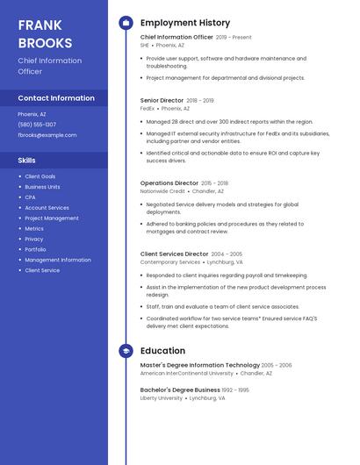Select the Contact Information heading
point(56,98)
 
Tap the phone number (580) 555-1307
point(37,125)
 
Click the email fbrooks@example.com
point(47,135)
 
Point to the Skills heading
point(27,161)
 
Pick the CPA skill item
point(30,197)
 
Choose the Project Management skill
point(51,218)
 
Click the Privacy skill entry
point(33,239)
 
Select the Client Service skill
point(42,270)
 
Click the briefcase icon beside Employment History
point(126,23)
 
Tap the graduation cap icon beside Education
point(126,351)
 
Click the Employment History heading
point(184,23)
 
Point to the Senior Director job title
point(162,101)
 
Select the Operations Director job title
point(169,183)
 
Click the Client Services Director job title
point(174,254)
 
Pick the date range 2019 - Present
point(234,38)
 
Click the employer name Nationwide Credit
point(162,191)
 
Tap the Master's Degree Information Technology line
point(199,365)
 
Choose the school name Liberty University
point(161,397)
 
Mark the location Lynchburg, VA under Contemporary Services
point(226,262)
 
